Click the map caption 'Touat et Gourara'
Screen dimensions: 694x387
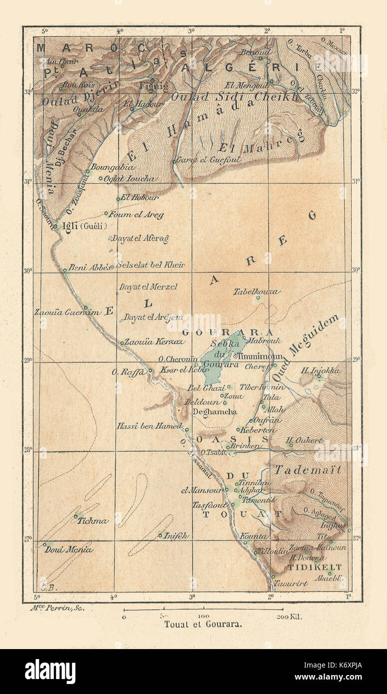tap(203, 624)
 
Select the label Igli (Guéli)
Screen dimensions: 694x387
tap(84, 226)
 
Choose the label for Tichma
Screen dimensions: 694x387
tap(92, 521)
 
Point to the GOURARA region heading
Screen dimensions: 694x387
tap(227, 333)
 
